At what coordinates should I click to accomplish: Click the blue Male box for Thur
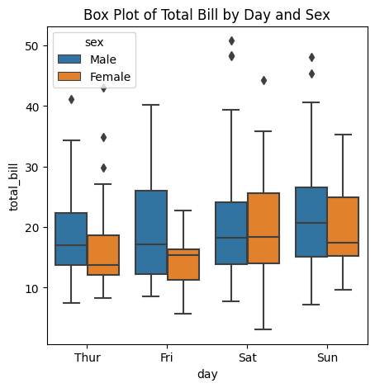coord(71,239)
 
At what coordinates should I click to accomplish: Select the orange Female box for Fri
coord(183,264)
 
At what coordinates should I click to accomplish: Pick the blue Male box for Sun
coord(311,222)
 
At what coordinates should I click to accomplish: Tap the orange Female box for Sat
coord(263,228)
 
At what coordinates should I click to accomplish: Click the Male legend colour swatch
coord(69,59)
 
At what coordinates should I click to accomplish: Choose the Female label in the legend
coord(110,77)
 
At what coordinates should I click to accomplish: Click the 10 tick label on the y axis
coord(31,288)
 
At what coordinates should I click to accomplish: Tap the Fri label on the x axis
coord(167,357)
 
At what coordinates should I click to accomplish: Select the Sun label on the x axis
coord(327,357)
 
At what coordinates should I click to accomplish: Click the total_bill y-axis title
coord(13,187)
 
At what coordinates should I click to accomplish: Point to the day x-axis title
coord(207,374)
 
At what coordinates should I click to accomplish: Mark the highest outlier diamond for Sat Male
coord(231,41)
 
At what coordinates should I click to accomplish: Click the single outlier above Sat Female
coord(263,81)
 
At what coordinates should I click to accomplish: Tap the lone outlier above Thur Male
coord(71,100)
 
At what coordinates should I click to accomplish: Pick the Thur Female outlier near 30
coord(103,168)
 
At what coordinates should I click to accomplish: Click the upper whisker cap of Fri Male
coord(151,105)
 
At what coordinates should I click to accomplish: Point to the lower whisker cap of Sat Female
coord(263,329)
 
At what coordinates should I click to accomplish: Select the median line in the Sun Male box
coord(311,223)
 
